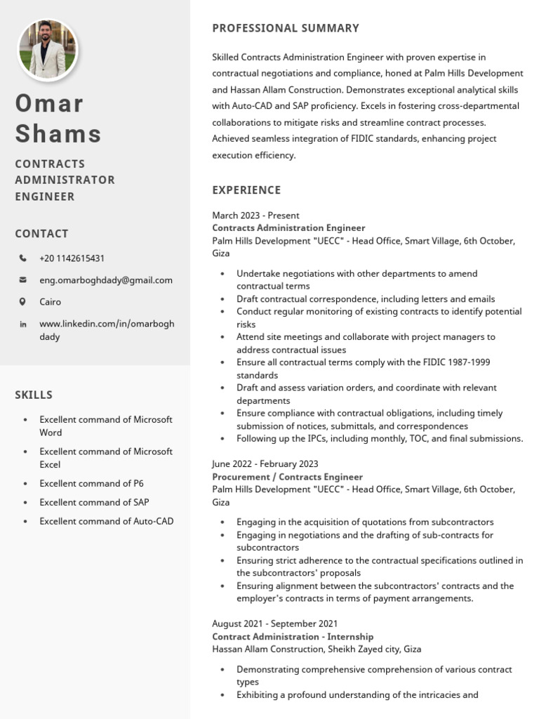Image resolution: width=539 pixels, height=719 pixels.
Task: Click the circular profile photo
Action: click(48, 50)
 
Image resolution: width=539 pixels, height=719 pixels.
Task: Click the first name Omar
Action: click(49, 103)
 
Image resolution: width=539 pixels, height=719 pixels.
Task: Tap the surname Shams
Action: click(58, 133)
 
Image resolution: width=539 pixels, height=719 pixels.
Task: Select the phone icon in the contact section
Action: click(23, 258)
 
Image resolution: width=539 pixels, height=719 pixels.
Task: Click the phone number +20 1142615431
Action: click(72, 258)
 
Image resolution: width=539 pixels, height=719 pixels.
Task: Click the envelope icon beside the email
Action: click(23, 280)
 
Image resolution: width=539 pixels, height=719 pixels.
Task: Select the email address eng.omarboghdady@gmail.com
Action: click(105, 280)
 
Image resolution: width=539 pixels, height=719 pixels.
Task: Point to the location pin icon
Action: click(23, 302)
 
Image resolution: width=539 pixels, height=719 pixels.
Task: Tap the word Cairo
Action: click(50, 302)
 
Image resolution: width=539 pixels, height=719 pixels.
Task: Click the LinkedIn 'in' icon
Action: click(23, 324)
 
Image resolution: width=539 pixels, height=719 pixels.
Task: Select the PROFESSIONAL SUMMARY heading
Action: click(285, 28)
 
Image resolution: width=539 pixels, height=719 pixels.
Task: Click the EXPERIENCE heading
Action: click(246, 190)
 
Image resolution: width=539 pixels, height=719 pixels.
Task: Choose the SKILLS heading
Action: click(34, 395)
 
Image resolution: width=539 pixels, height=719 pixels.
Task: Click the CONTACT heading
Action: click(41, 234)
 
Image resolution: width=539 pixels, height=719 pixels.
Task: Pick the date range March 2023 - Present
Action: click(255, 216)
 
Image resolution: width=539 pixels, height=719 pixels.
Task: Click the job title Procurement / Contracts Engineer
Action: click(287, 477)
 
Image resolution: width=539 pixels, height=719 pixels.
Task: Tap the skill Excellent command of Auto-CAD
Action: click(106, 521)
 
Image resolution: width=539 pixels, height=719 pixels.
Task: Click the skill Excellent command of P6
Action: click(91, 483)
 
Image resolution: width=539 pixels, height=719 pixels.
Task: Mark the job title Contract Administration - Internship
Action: click(293, 636)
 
